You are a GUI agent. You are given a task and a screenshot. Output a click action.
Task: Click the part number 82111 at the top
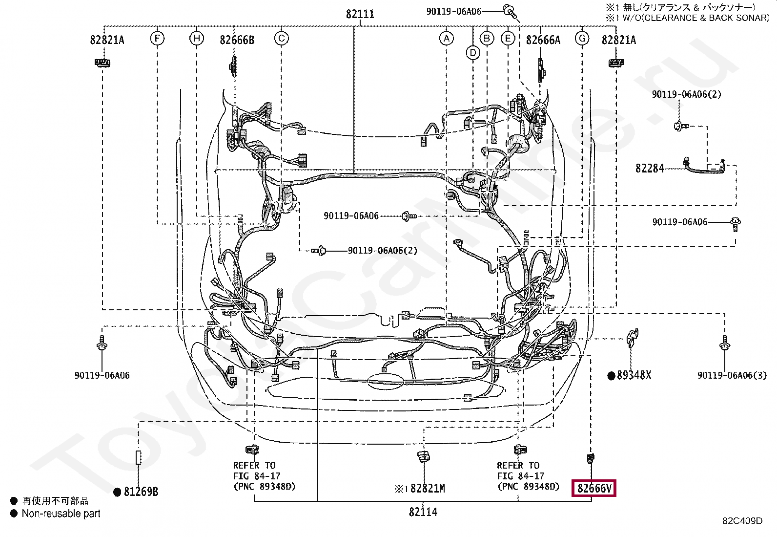pyautogui.click(x=360, y=14)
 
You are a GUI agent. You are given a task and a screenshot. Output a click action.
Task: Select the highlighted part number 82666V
pyautogui.click(x=594, y=488)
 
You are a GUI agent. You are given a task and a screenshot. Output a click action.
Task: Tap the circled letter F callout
pyautogui.click(x=157, y=38)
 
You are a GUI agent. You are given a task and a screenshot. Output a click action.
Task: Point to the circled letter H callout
pyautogui.click(x=196, y=38)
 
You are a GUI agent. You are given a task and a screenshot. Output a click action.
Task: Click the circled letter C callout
pyautogui.click(x=281, y=38)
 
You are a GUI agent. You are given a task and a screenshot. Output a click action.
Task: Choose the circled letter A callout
pyautogui.click(x=446, y=38)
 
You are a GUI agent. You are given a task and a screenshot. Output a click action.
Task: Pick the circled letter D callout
pyautogui.click(x=473, y=52)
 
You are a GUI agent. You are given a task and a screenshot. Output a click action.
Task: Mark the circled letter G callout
pyautogui.click(x=582, y=38)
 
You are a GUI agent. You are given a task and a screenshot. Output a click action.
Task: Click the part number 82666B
pyautogui.click(x=237, y=40)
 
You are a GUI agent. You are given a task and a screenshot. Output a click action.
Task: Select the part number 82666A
pyautogui.click(x=543, y=40)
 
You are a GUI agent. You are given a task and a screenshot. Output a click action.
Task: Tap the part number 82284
pyautogui.click(x=650, y=169)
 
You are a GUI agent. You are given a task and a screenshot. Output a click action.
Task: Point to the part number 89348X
pyautogui.click(x=634, y=375)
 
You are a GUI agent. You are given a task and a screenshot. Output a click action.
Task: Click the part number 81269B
pyautogui.click(x=141, y=492)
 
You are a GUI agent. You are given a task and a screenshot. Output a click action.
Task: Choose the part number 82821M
pyautogui.click(x=428, y=489)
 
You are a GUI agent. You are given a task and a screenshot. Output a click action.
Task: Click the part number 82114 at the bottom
pyautogui.click(x=423, y=512)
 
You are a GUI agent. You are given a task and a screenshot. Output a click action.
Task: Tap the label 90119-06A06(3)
pyautogui.click(x=732, y=375)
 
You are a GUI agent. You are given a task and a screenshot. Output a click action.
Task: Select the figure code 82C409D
pyautogui.click(x=742, y=521)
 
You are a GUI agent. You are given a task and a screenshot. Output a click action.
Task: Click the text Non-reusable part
pyautogui.click(x=61, y=514)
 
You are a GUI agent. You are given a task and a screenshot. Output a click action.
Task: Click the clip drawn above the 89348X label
pyautogui.click(x=632, y=336)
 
